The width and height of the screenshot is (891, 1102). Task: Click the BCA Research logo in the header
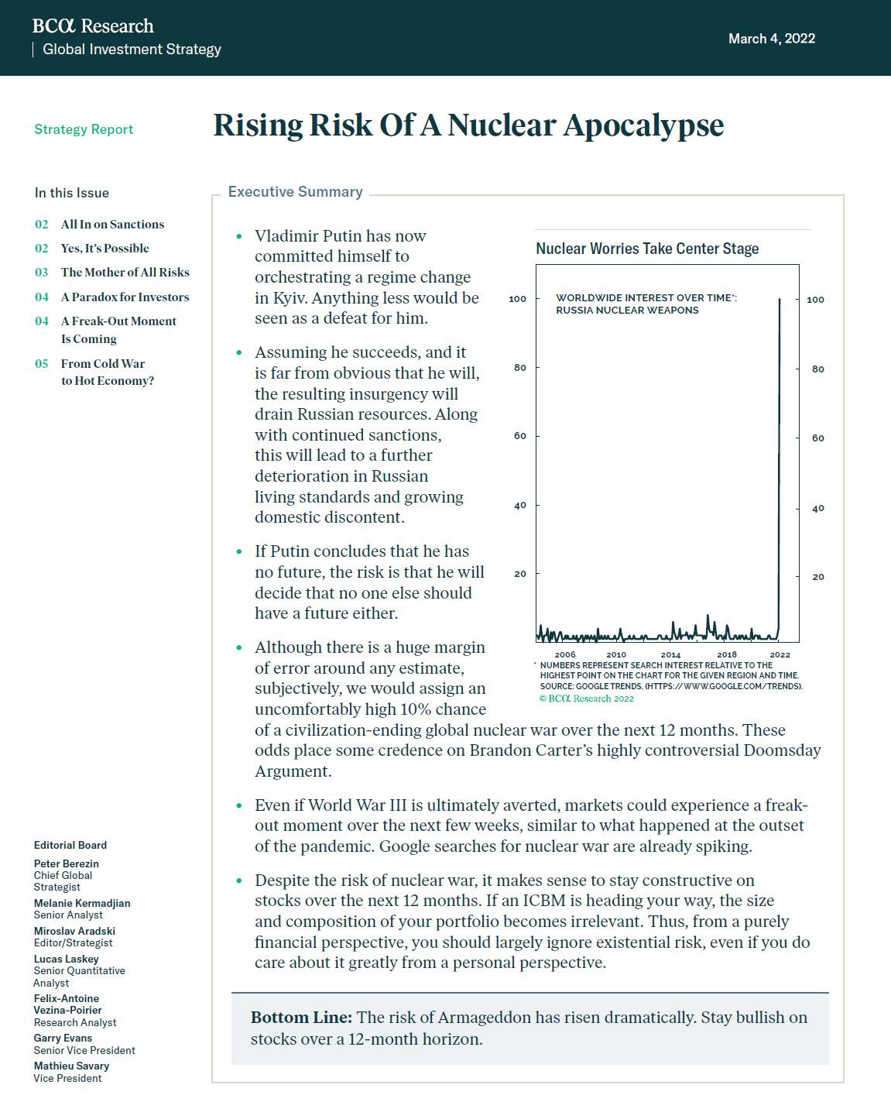coord(93,26)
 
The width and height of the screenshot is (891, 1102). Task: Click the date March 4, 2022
coord(771,39)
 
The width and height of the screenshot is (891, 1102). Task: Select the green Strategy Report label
coord(84,129)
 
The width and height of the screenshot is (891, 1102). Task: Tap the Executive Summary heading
coord(295,192)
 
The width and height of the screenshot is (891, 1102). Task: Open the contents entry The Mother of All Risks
coord(125,273)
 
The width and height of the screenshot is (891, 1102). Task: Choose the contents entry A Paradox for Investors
coord(125,297)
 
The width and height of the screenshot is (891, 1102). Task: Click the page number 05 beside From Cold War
coord(41,364)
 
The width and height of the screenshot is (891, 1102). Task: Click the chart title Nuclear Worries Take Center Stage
coord(647,249)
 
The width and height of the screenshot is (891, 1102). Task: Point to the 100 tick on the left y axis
coord(517,299)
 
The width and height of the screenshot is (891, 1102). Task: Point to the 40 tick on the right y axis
coord(817,508)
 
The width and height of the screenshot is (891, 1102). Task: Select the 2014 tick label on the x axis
coord(670,655)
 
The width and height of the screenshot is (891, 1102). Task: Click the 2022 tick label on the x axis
coord(780,655)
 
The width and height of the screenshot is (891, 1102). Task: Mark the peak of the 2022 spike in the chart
coord(780,299)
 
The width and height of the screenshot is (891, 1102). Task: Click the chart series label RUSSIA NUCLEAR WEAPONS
coord(627,311)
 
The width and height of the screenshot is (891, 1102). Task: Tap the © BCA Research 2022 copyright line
coord(586,699)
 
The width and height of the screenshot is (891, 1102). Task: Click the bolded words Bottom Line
coord(301,1018)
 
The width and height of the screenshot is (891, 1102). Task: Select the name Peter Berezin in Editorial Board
coord(67,863)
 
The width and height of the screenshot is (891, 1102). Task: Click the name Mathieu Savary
coord(71,1066)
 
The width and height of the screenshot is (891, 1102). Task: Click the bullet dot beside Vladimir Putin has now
coord(239,236)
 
